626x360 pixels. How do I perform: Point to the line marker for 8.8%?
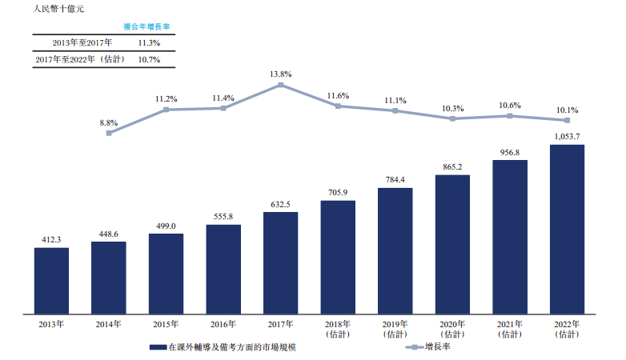click(109, 133)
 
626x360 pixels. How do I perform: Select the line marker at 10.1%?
click(567, 120)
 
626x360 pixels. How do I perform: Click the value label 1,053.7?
click(567, 137)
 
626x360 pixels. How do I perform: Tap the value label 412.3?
click(51, 240)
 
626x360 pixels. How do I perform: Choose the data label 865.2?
click(452, 166)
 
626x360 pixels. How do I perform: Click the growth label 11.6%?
click(338, 96)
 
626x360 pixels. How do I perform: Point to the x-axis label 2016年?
click(223, 324)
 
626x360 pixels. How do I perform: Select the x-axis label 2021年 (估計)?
click(509, 329)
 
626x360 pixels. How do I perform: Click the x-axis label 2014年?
click(109, 324)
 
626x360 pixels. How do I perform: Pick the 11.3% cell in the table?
click(149, 42)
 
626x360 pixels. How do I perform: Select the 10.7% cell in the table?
click(149, 59)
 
